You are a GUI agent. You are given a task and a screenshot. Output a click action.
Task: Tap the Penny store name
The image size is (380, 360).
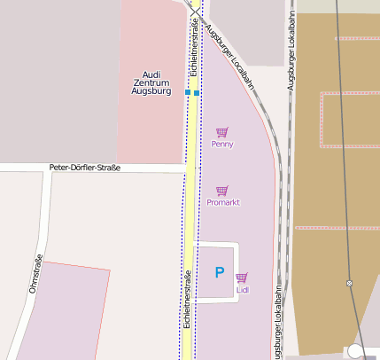(x=222, y=144)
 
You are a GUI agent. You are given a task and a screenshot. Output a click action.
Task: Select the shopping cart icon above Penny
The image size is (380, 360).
(x=222, y=132)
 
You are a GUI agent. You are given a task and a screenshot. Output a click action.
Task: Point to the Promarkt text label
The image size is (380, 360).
(x=223, y=202)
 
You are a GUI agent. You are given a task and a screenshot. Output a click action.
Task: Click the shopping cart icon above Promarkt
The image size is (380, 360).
(x=222, y=191)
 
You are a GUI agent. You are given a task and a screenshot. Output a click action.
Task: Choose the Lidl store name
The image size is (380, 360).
(x=243, y=289)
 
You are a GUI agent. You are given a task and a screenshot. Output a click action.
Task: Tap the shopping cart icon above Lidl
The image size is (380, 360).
(x=242, y=278)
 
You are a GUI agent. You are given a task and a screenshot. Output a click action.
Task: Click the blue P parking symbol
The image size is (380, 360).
(x=220, y=272)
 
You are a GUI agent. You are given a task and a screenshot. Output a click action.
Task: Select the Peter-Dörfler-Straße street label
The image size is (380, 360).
(x=85, y=168)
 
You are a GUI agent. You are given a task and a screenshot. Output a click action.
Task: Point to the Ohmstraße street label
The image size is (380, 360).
(x=36, y=274)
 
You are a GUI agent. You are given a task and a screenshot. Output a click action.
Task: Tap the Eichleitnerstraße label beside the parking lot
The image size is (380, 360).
(x=187, y=300)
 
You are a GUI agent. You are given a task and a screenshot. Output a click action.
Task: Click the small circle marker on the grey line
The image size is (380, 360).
(x=349, y=283)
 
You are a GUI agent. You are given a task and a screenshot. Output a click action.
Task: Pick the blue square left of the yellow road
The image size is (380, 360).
(x=188, y=92)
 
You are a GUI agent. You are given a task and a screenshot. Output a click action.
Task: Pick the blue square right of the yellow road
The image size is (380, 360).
(x=197, y=92)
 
